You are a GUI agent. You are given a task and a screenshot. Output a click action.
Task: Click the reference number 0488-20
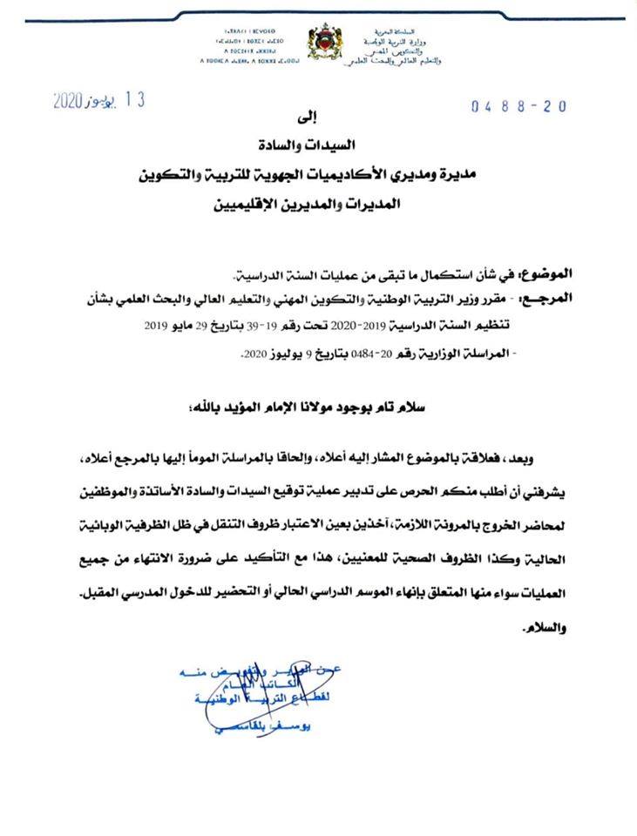pyautogui.click(x=519, y=106)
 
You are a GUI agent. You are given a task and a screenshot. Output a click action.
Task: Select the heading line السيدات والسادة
pyautogui.click(x=322, y=158)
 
